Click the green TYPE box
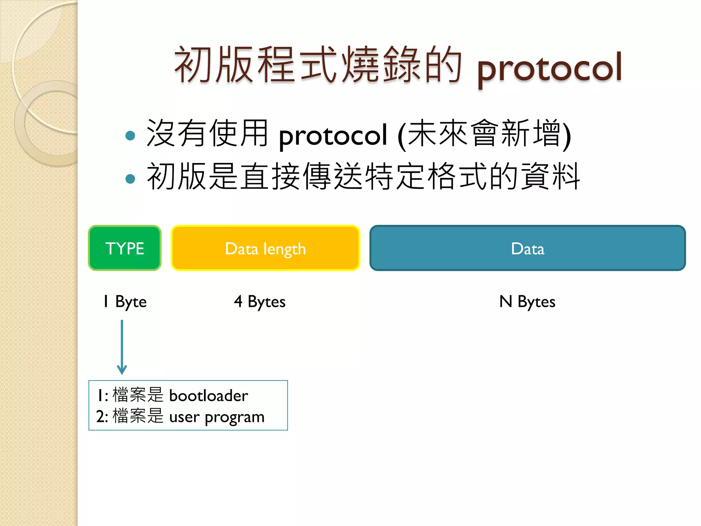click(125, 248)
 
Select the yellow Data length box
click(265, 248)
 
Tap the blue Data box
click(527, 248)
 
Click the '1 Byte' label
click(125, 302)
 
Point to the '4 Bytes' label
click(260, 302)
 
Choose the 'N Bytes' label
click(527, 302)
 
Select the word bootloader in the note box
click(208, 396)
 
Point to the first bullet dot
click(130, 136)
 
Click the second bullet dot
click(130, 178)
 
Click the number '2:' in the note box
click(102, 417)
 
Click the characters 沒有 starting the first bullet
click(177, 134)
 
